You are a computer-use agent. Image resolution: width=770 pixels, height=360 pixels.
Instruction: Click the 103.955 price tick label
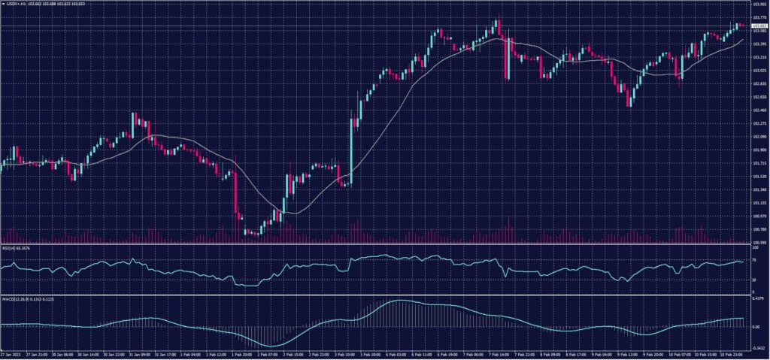click(758, 4)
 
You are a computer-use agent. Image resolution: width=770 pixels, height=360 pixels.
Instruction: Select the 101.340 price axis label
click(758, 189)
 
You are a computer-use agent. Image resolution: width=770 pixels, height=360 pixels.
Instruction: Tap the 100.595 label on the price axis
click(758, 243)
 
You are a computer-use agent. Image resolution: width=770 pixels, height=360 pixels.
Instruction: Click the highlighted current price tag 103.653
click(758, 26)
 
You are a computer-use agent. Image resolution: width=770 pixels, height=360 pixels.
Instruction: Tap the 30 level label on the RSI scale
click(754, 280)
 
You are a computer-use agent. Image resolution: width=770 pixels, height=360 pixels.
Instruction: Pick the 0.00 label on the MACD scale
click(756, 327)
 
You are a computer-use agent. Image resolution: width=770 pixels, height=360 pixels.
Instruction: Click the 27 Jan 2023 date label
click(11, 354)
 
